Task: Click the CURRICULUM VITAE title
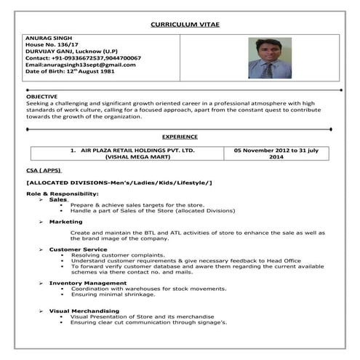(185, 25)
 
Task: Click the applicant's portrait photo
(269, 58)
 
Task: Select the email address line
(79, 65)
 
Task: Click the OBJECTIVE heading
(41, 96)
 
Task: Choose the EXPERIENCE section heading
(180, 136)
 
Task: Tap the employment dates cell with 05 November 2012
(276, 153)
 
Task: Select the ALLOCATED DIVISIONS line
(119, 182)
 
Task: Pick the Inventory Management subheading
(87, 282)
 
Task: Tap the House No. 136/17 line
(54, 44)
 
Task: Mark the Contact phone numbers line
(83, 57)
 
